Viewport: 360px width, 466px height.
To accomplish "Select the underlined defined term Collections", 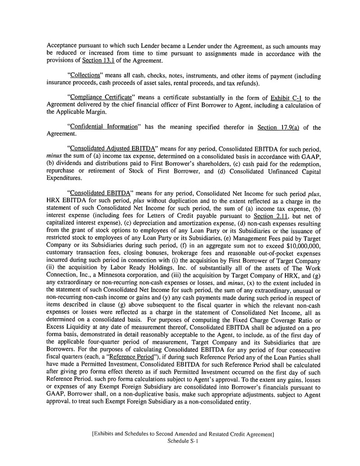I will pos(87,76).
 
